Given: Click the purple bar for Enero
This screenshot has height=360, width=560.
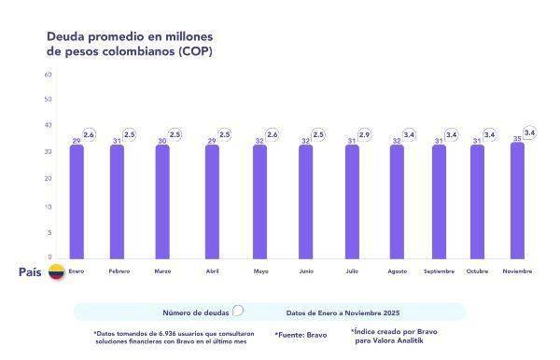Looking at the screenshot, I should point(77,201).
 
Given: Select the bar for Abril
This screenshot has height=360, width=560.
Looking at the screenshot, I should point(212,201).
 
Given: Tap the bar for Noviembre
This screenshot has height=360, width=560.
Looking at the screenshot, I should point(517,200).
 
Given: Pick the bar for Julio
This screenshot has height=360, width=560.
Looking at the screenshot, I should point(352,201).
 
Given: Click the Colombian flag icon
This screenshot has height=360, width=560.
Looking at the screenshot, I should point(56,272).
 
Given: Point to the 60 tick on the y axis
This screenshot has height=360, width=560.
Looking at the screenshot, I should point(48,74).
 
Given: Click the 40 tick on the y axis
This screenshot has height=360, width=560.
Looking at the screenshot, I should point(48,125).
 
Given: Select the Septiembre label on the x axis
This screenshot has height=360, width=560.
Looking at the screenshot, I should point(440,271).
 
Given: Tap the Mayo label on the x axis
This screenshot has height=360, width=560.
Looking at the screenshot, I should point(261,271).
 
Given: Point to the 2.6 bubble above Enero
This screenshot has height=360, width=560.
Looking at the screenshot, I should point(89,135).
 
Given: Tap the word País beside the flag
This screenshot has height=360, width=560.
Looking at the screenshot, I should point(30,272).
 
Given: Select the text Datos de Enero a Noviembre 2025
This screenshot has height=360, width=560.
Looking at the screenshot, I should point(343,312).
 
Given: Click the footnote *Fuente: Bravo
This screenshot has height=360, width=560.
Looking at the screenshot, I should point(301,334).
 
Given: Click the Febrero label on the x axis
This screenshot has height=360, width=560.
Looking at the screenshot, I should point(119,271).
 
